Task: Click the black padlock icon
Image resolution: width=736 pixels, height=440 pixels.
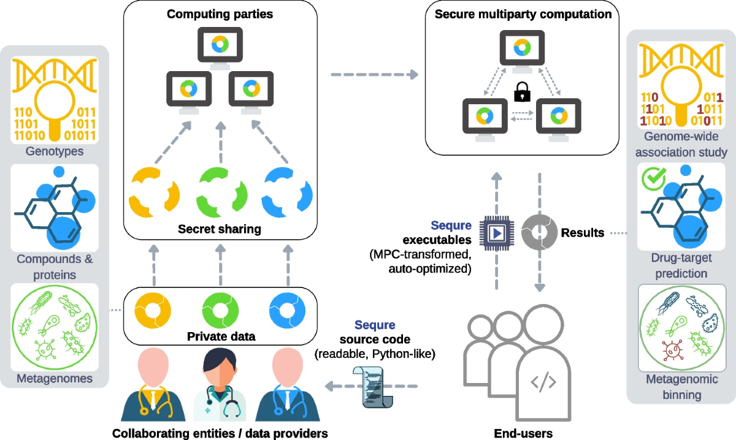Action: (522, 92)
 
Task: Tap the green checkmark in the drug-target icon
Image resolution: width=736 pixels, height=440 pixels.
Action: (654, 178)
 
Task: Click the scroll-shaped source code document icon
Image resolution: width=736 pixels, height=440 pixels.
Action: (374, 387)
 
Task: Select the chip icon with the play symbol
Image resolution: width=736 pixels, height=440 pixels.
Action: (497, 233)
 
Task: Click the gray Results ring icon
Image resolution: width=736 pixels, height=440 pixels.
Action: (540, 232)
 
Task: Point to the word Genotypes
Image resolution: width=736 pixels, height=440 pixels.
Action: (55, 151)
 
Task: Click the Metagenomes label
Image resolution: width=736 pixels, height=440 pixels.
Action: (55, 379)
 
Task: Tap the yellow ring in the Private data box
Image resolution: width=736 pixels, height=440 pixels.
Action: (153, 310)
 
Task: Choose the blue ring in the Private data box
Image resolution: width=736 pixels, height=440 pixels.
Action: (287, 310)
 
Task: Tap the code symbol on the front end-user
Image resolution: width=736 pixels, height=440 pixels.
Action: (543, 382)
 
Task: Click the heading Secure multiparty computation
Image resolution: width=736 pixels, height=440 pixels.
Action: (523, 14)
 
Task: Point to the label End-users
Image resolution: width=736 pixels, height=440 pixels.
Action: (523, 433)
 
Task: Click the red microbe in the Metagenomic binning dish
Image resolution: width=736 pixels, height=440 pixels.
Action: (673, 350)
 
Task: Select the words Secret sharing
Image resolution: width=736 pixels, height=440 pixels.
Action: (220, 229)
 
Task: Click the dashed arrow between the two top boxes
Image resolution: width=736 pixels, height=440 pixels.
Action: (375, 75)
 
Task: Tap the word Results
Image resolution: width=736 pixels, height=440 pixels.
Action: (583, 232)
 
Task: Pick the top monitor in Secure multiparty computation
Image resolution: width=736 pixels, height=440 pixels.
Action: (522, 51)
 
